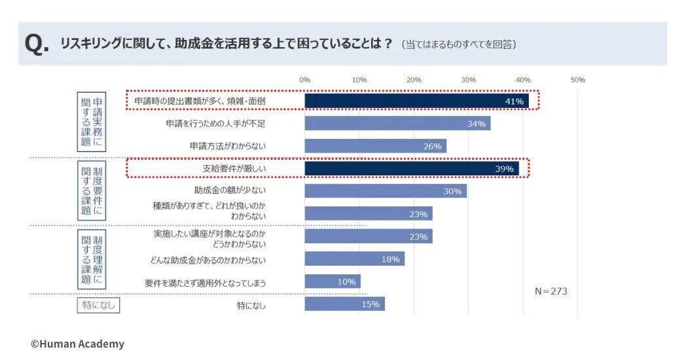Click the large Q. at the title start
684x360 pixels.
click(36, 44)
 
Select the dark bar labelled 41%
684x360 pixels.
click(416, 101)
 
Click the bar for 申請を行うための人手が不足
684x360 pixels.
click(397, 124)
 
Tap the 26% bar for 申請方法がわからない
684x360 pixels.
click(375, 146)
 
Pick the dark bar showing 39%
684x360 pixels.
click(412, 169)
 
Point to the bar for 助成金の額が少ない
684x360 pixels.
click(386, 191)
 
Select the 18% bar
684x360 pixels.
click(354, 259)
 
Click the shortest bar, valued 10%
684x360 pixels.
click(332, 281)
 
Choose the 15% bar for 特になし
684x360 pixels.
click(344, 304)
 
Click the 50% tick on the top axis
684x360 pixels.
click(577, 80)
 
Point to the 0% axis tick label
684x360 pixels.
click(304, 80)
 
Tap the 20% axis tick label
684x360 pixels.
click(414, 80)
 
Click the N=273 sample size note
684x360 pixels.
click(550, 291)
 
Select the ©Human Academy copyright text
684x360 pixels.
click(77, 344)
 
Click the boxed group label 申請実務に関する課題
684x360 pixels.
click(92, 122)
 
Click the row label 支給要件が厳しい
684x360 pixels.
click(234, 169)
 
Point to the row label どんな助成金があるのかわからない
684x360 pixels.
click(205, 260)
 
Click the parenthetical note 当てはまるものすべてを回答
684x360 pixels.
click(459, 45)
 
